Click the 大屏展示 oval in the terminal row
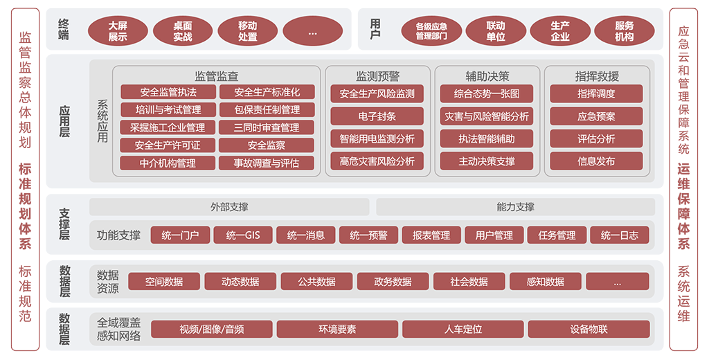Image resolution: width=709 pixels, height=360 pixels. pyautogui.click(x=118, y=31)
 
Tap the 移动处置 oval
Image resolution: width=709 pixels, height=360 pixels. pyautogui.click(x=248, y=31)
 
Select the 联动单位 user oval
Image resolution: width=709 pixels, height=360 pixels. pyautogui.click(x=496, y=31)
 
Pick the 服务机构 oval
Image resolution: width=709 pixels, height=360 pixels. pyautogui.click(x=624, y=31)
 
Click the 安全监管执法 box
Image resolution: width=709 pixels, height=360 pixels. pyautogui.click(x=168, y=92)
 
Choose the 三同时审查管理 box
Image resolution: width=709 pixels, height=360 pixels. pyautogui.click(x=267, y=127)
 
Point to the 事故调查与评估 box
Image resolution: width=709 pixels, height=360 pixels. pyautogui.click(x=267, y=163)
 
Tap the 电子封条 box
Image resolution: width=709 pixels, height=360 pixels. pyautogui.click(x=377, y=116)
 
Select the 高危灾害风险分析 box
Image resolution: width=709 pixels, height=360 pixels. pyautogui.click(x=377, y=161)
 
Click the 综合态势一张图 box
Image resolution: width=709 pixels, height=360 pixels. pyautogui.click(x=487, y=93)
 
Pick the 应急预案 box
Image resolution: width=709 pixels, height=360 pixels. pyautogui.click(x=596, y=116)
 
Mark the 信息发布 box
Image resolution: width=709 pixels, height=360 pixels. pyautogui.click(x=596, y=161)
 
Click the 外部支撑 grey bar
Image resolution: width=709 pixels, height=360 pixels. pyautogui.click(x=229, y=207)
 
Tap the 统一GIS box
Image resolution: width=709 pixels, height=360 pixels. pyautogui.click(x=243, y=235)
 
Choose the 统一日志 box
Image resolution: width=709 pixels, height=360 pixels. pyautogui.click(x=620, y=235)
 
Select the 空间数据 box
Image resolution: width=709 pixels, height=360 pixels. pyautogui.click(x=163, y=281)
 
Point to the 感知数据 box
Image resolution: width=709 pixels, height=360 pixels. pyautogui.click(x=546, y=281)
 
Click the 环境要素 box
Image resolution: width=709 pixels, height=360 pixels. pyautogui.click(x=337, y=329)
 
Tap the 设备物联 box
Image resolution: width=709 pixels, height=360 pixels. pyautogui.click(x=589, y=329)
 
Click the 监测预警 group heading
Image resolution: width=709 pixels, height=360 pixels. pyautogui.click(x=377, y=76)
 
